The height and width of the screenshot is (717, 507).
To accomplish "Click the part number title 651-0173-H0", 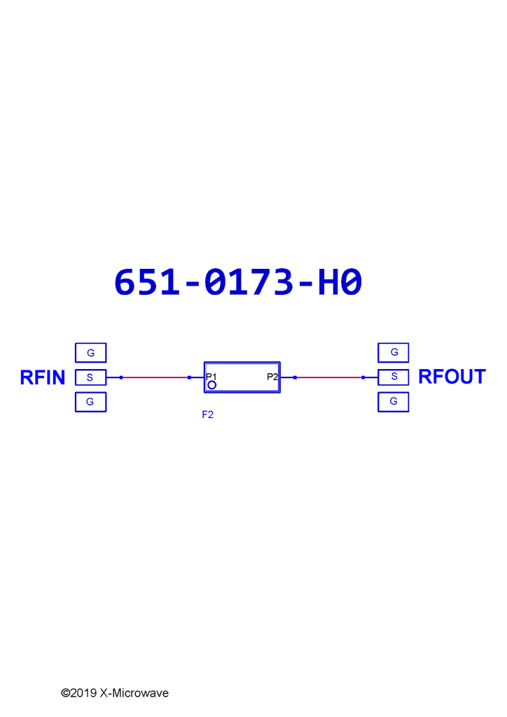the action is point(238,281).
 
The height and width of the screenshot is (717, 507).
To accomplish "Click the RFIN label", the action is point(43,377).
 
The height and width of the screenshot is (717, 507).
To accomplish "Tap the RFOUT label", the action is point(452,377).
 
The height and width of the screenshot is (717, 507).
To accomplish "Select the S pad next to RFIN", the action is point(90,377).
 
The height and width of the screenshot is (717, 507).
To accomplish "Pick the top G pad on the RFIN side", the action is point(90,353).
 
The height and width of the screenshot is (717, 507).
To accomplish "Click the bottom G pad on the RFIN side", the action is point(90,402).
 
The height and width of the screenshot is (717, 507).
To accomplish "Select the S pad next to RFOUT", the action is point(393,377).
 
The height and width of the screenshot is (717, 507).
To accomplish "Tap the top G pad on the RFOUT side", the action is point(393,353).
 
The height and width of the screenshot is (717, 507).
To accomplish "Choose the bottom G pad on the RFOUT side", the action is point(393,402).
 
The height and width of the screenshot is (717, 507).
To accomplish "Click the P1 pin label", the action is point(211,377).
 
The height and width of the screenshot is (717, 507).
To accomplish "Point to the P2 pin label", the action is point(272,377).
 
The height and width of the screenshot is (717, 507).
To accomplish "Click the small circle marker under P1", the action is point(211,385).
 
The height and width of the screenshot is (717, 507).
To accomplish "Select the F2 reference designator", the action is point(207,415).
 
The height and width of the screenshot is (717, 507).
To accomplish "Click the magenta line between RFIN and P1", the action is point(155,377).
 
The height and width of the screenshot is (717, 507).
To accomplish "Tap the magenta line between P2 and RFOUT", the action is point(329,377).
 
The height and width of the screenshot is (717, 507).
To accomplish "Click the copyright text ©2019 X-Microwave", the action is point(115,692).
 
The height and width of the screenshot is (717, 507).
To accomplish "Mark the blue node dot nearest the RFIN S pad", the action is point(121,377).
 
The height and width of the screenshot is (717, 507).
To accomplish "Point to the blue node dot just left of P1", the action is point(189,377).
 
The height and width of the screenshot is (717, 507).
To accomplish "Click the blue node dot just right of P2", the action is point(296,377).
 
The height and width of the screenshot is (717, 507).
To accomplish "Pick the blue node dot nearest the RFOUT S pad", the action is point(363,377).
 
